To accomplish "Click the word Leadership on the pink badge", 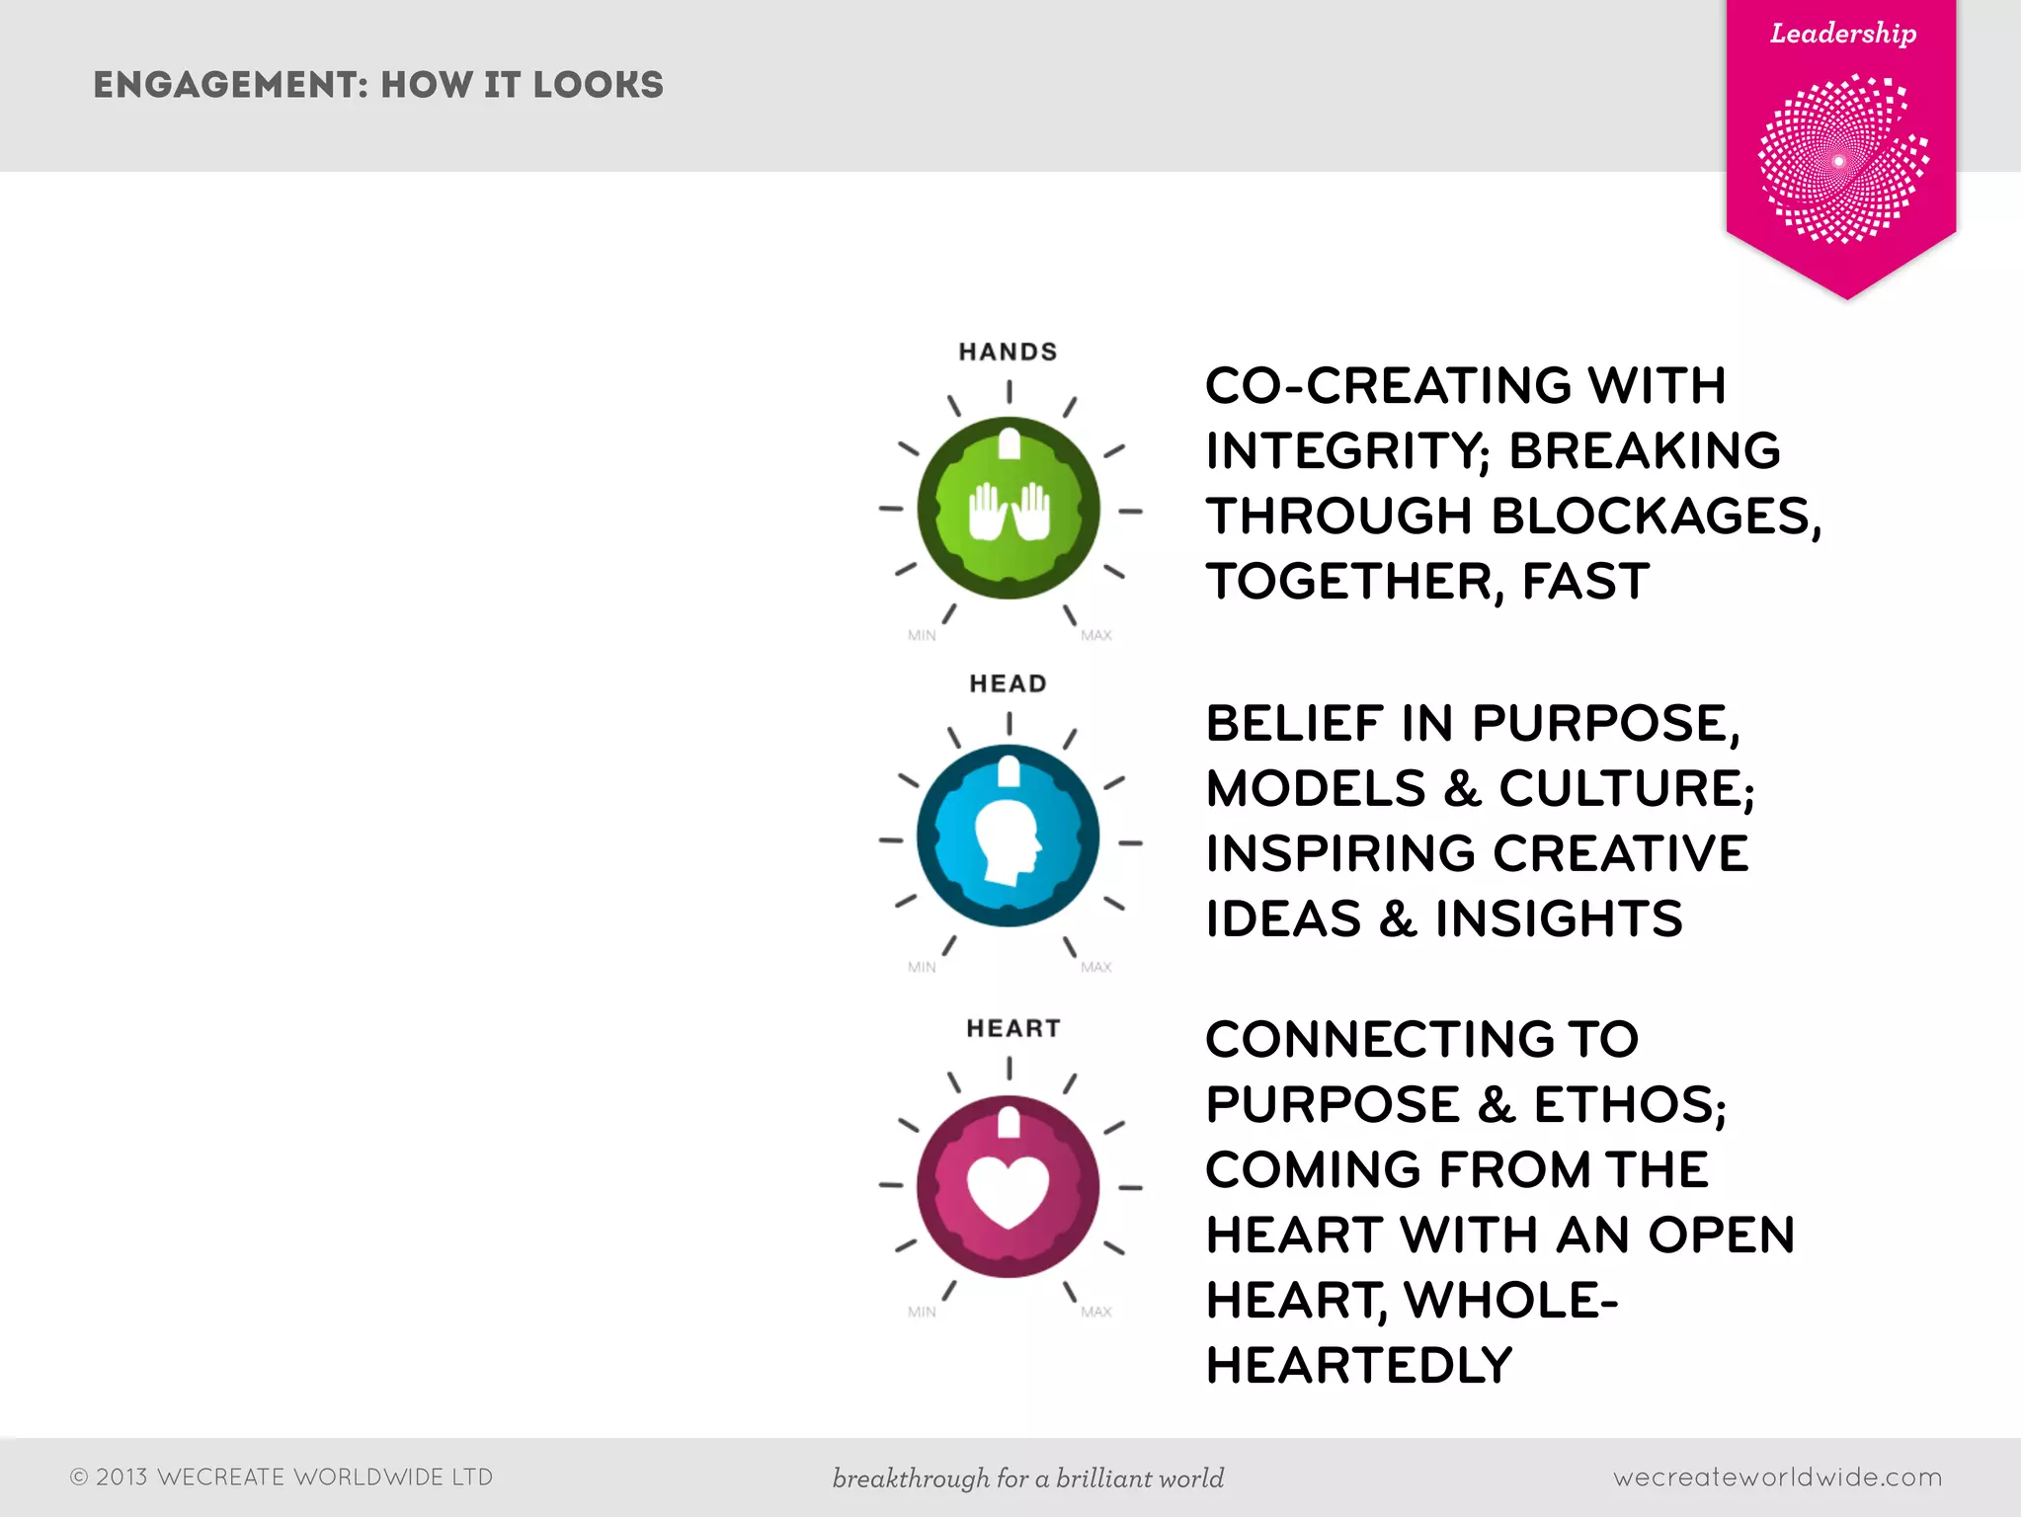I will click(x=1843, y=34).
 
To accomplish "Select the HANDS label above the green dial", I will click(x=1008, y=352).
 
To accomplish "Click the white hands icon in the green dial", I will click(x=1009, y=511).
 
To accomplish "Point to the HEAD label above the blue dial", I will click(x=1008, y=683).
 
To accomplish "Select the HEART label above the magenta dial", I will click(x=1012, y=1028).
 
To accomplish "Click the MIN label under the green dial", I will click(x=922, y=636).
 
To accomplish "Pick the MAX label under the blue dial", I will click(x=1095, y=968).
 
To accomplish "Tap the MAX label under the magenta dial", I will click(x=1095, y=1312).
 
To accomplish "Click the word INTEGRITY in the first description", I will click(x=1347, y=451).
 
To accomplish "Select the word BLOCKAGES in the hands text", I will click(x=1656, y=517).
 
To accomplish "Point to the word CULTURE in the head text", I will click(x=1625, y=789).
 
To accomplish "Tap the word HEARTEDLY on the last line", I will click(x=1359, y=1366).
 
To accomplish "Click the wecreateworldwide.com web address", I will click(x=1777, y=1477).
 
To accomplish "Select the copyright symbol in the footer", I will click(x=79, y=1477).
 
